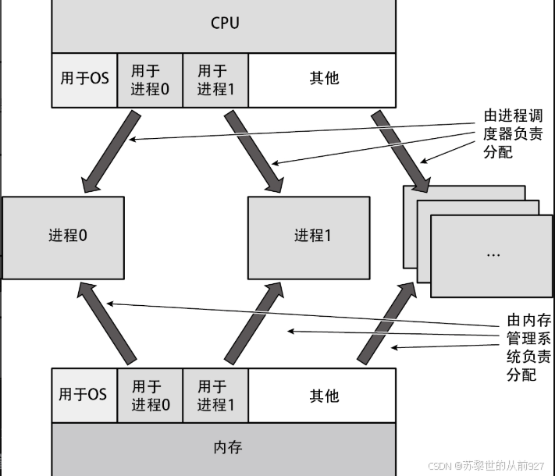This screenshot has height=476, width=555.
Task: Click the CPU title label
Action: coord(225,23)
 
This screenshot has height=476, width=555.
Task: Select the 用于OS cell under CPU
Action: coord(84,79)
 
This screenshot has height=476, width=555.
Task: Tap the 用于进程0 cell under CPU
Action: coord(150,80)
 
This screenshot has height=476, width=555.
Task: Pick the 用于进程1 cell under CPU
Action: coord(215,80)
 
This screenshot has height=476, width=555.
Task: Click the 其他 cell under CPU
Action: coord(324,79)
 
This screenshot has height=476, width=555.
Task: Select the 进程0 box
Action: coord(63,236)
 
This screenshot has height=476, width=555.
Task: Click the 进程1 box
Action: coord(308,236)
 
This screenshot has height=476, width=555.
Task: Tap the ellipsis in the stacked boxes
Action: coord(493,254)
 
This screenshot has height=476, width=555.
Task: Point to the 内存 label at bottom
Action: coord(227,447)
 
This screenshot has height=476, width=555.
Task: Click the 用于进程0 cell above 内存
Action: coord(150,395)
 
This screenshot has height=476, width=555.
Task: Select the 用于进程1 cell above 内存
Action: coord(215,395)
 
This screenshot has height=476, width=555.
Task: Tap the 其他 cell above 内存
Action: coord(324,395)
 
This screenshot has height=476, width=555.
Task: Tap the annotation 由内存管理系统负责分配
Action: coord(528,348)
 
